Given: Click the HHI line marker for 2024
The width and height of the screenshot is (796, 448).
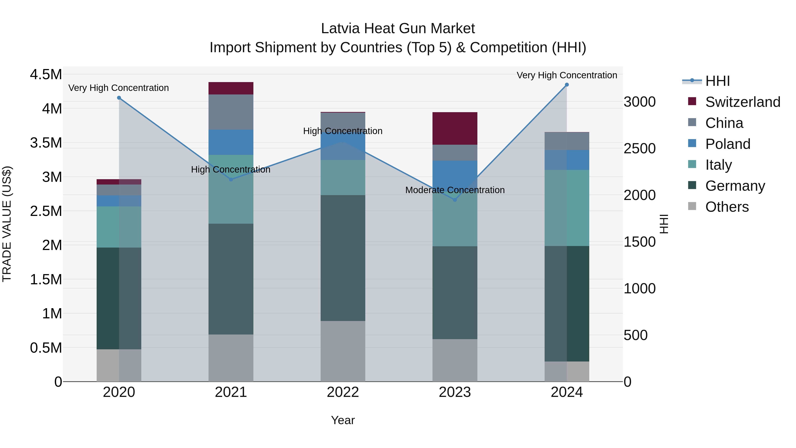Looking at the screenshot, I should pos(566,85).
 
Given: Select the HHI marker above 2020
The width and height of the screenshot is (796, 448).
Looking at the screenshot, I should pos(119,98).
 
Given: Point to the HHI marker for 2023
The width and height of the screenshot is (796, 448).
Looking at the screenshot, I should pos(455,200).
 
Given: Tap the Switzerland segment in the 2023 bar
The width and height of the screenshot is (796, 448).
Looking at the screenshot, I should pos(455,128).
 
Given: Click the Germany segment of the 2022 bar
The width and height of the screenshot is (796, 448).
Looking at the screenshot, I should pos(343,258).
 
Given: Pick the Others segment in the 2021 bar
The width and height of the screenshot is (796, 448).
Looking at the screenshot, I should pos(231,358).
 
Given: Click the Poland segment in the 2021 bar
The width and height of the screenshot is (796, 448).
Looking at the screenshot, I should pos(231,142).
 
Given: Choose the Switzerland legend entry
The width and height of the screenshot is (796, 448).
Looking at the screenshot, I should pos(742,102).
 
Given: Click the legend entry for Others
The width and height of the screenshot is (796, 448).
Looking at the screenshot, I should pos(727,207).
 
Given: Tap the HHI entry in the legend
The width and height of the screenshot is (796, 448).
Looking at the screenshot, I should pos(717,81).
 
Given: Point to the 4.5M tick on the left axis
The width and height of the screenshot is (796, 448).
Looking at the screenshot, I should pos(46,75).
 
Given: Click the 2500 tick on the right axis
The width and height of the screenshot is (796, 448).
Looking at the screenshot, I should pos(639,148).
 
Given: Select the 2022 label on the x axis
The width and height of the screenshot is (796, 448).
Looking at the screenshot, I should pos(343,392).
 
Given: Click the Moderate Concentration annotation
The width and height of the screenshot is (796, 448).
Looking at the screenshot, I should pos(455,190).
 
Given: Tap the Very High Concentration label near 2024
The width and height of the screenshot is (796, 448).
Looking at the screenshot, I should pos(566,75).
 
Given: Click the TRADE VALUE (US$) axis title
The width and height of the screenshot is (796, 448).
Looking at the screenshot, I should pos(7,224).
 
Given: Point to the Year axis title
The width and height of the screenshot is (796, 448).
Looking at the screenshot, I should pos(343,420).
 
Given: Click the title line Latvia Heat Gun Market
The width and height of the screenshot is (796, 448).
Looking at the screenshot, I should pos(398,29).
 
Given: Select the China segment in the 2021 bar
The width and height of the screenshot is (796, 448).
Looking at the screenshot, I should pos(231,112).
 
